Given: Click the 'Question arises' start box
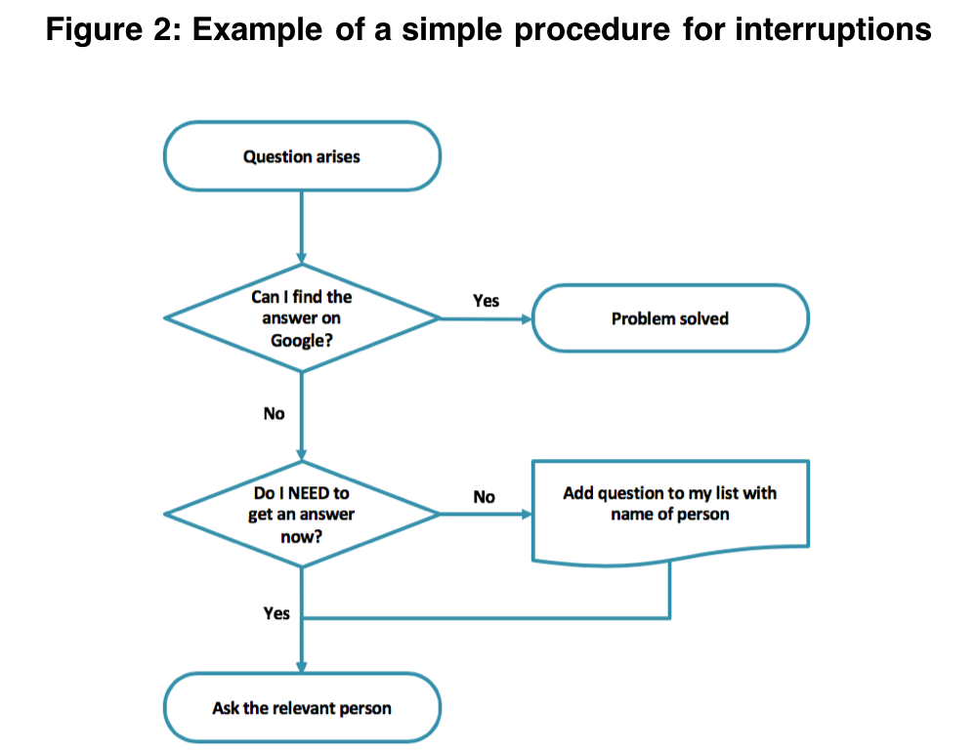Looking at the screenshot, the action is (302, 156).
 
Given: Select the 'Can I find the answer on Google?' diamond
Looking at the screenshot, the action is (302, 318).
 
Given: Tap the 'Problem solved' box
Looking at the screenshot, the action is (670, 318).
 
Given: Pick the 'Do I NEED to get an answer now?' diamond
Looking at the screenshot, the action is (302, 514).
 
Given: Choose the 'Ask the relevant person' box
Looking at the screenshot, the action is (302, 708).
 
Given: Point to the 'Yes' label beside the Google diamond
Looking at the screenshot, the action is (486, 301).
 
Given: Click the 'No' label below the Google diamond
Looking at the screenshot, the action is (274, 413).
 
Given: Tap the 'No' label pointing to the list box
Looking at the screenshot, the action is (484, 497).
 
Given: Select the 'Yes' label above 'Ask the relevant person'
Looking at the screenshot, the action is (276, 613).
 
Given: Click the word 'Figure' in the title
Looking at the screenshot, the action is (94, 29).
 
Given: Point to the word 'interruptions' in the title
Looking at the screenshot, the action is (833, 29).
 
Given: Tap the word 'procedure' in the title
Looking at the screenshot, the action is (592, 29).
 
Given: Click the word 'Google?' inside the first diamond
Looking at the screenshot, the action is (302, 341).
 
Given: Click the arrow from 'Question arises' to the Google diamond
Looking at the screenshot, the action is (302, 228).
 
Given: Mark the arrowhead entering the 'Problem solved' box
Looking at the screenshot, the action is (527, 318).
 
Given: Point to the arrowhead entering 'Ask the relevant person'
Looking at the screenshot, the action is (302, 667).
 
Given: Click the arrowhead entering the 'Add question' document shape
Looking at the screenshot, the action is (527, 514).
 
